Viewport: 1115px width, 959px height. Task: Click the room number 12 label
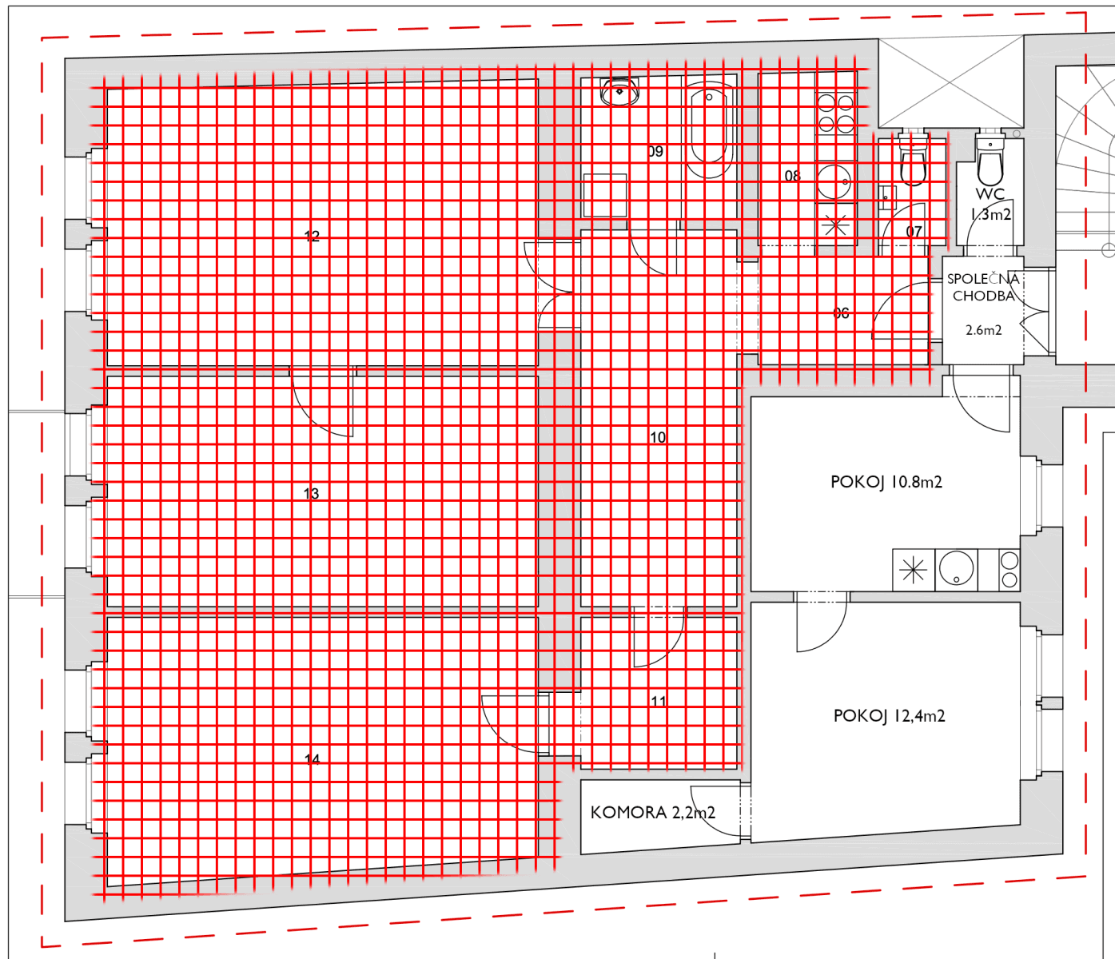(x=312, y=237)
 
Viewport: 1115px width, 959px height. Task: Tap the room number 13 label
(x=312, y=494)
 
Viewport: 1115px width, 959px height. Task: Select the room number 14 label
(x=313, y=759)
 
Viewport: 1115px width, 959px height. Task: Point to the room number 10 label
(x=658, y=437)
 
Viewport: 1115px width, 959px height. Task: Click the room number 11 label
(x=659, y=701)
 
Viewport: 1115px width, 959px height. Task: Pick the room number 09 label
(x=655, y=151)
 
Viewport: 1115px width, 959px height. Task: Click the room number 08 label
(x=792, y=176)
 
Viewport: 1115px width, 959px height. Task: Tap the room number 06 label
(x=841, y=313)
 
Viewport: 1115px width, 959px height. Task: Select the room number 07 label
(x=914, y=232)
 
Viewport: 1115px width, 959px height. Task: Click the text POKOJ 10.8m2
(x=886, y=482)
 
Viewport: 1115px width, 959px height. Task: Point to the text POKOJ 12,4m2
(x=889, y=716)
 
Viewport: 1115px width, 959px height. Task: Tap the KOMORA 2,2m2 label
(x=652, y=813)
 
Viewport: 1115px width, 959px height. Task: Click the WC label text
(x=990, y=194)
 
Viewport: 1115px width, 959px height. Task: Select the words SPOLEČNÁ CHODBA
(x=983, y=287)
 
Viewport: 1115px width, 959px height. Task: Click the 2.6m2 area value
(x=983, y=330)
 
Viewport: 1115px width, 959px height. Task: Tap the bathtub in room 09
(x=708, y=132)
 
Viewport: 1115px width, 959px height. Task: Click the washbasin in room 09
(x=619, y=92)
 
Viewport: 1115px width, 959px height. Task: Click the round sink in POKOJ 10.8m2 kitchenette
(x=957, y=569)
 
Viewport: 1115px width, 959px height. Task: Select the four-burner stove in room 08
(x=836, y=113)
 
